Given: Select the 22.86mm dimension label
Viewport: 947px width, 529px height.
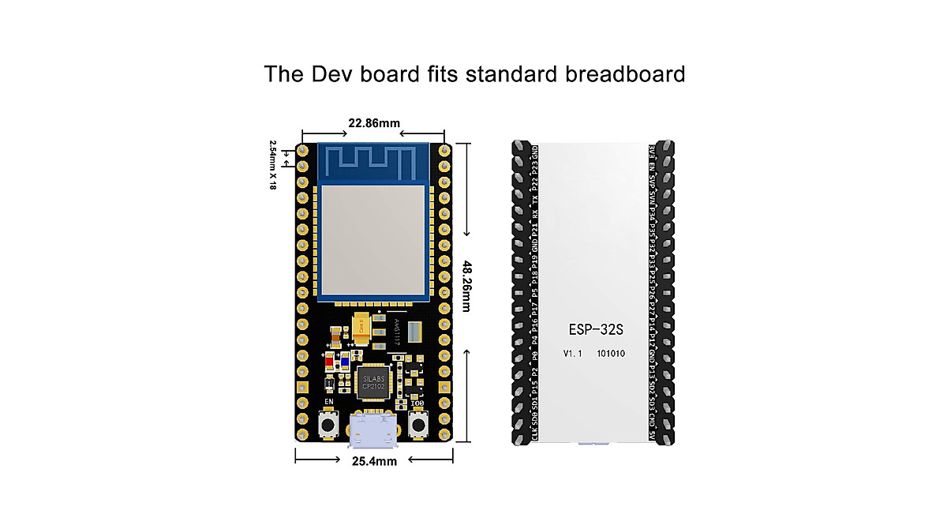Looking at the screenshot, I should [374, 122].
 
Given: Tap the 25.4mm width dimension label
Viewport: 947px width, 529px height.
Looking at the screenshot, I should [374, 461].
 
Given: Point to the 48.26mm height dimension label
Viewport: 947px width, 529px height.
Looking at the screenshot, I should [467, 286].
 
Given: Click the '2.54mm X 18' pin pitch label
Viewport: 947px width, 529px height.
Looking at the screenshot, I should [273, 165].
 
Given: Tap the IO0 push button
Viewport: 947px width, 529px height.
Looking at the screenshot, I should [420, 427].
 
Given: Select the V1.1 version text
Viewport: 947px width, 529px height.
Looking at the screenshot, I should [572, 354].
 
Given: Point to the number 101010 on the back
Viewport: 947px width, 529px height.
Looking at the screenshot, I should [611, 354].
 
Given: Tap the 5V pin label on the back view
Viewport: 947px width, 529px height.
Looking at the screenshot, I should [652, 434].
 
